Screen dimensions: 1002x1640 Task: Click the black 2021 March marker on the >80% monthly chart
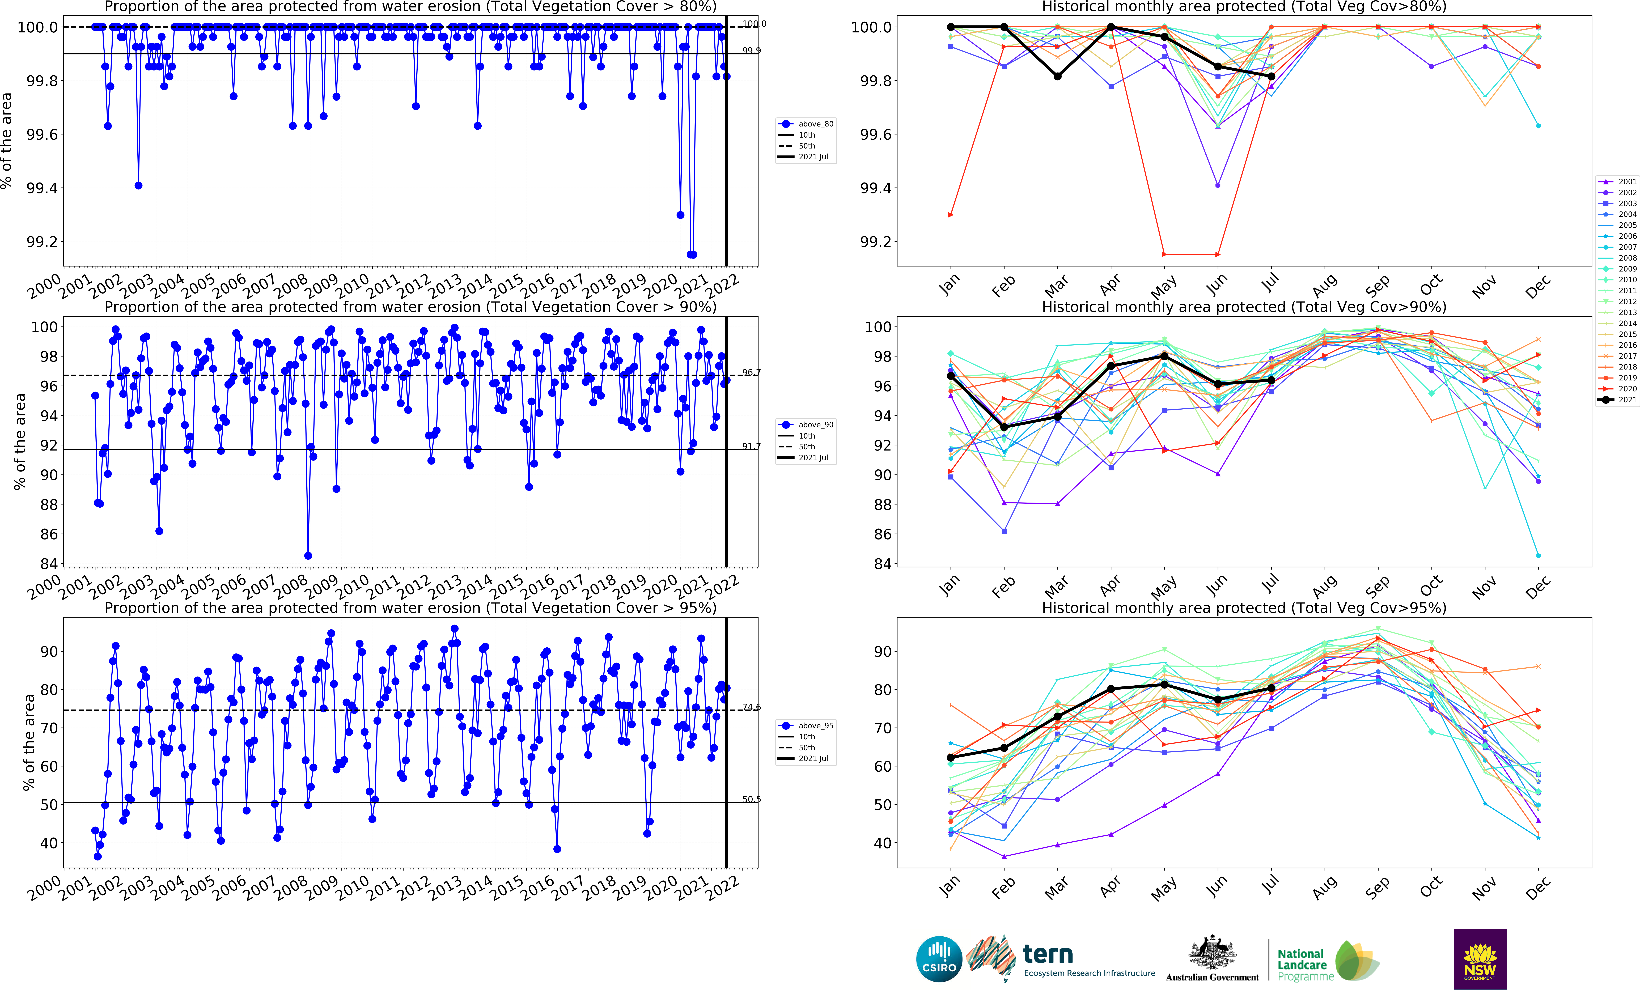pyautogui.click(x=1057, y=77)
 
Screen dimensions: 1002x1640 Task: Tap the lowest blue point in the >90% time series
pyautogui.click(x=308, y=555)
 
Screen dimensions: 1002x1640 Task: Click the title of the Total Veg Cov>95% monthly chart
pyautogui.click(x=1243, y=608)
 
